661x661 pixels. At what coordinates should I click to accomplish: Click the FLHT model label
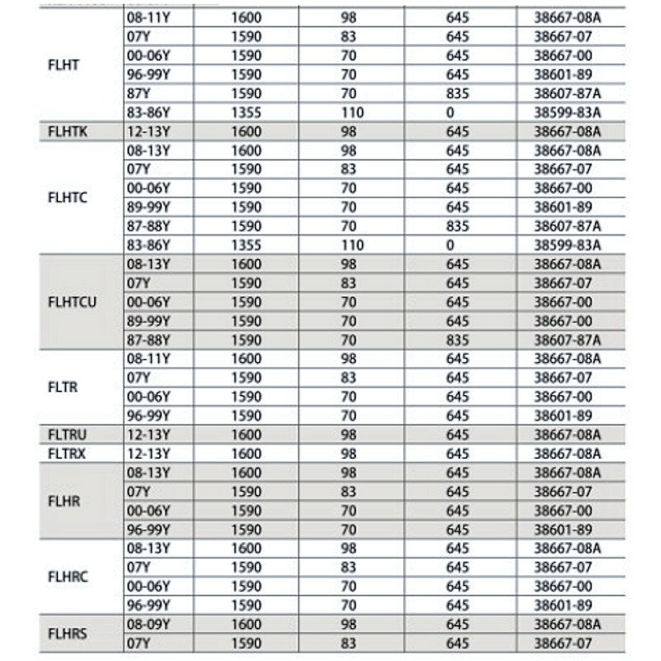pos(64,65)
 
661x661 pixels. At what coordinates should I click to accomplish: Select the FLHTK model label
pos(68,131)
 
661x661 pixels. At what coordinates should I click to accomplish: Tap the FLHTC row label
pos(68,197)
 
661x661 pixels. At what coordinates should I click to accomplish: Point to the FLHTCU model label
pos(73,302)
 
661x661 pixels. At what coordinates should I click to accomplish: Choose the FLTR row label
pos(64,386)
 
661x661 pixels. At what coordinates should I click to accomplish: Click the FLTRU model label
pos(68,435)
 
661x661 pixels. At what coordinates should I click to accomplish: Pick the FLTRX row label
pos(68,453)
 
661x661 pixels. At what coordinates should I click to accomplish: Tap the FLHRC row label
pos(68,577)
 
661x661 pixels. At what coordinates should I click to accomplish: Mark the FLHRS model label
pos(68,634)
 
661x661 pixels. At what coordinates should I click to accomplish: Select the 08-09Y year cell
pos(149,624)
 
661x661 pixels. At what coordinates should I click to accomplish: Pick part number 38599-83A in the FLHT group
pos(568,112)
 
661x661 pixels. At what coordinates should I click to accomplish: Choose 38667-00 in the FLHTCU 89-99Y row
pos(563,321)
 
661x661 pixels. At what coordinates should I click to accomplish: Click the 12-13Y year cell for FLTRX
pos(149,453)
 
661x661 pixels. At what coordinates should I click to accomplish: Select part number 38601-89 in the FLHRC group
pos(563,605)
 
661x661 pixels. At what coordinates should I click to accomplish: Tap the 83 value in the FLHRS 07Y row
pos(349,643)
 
